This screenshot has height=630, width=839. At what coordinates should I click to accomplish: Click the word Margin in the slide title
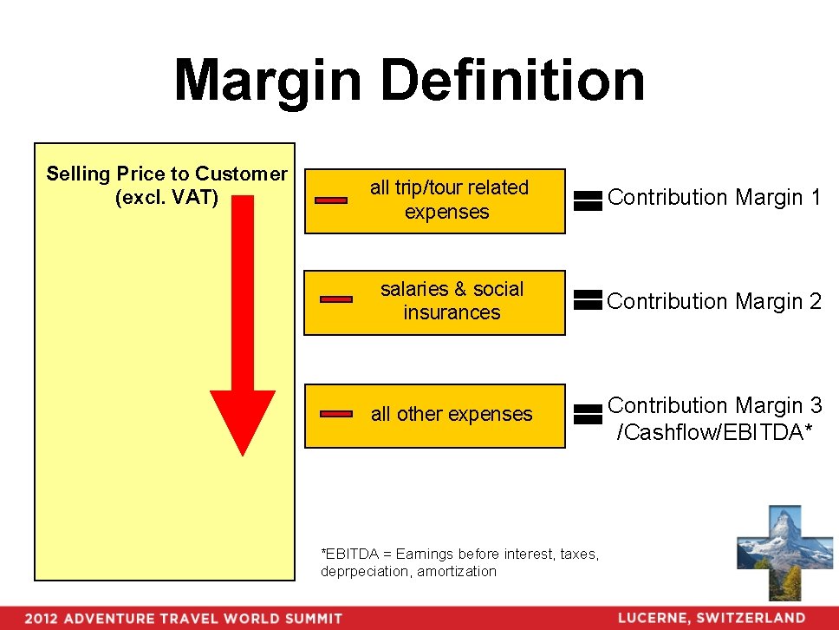click(267, 81)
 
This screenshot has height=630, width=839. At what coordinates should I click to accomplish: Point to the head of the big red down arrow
click(243, 421)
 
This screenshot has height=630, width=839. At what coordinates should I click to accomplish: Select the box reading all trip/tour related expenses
click(435, 200)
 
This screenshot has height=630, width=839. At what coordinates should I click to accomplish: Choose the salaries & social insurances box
click(434, 301)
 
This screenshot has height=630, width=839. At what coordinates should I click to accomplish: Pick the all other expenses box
click(434, 415)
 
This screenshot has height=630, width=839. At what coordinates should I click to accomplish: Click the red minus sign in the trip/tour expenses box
click(330, 200)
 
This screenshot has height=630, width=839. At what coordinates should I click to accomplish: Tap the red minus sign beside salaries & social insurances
click(336, 299)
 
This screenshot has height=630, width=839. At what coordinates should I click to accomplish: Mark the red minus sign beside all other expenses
click(336, 414)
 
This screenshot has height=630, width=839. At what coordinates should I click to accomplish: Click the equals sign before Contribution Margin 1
click(588, 200)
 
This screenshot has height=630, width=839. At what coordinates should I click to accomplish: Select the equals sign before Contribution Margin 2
click(588, 300)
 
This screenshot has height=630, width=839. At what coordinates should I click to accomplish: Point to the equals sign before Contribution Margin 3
click(588, 414)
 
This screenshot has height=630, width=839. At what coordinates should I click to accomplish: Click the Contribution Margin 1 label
click(714, 198)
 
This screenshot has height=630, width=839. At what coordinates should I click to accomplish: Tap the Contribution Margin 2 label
click(714, 301)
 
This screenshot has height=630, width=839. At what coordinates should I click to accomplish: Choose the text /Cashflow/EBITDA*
click(714, 432)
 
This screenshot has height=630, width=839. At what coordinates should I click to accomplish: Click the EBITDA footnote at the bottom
click(459, 562)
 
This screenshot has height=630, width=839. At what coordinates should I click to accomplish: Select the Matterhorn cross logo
click(772, 552)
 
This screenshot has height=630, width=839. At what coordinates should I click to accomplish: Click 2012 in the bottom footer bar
click(42, 619)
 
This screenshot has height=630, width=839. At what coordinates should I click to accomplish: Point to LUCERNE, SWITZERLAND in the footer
click(711, 618)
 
